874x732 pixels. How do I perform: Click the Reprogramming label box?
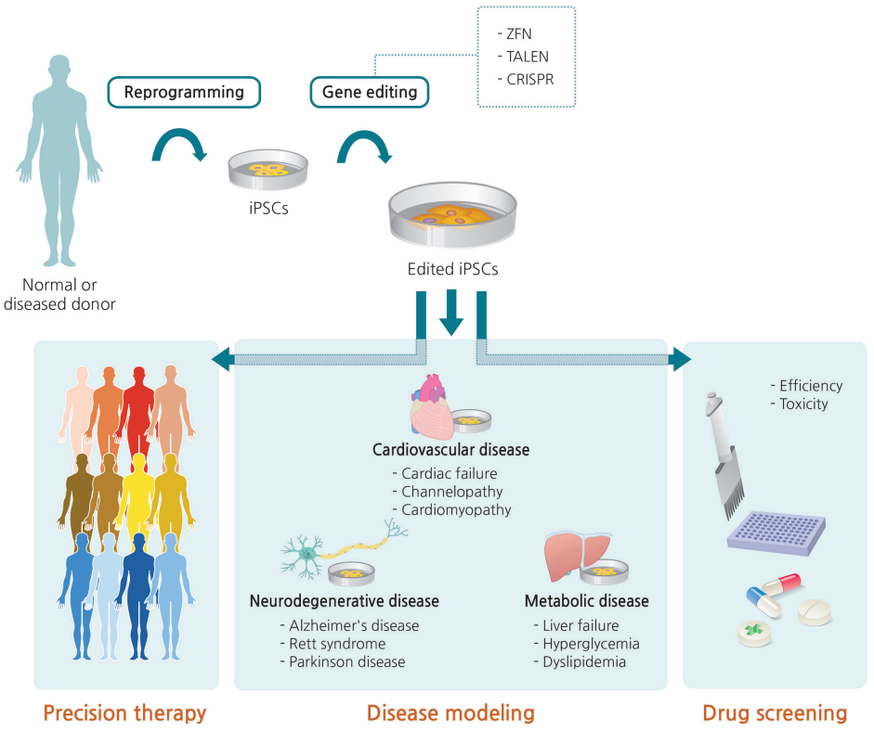coord(184,92)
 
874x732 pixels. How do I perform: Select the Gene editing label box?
coord(369,92)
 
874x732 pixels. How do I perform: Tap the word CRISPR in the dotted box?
coord(530,80)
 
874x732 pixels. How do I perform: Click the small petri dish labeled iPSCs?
coord(268,171)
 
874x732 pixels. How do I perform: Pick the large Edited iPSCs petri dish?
coord(452,217)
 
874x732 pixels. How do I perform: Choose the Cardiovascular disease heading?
coord(450,450)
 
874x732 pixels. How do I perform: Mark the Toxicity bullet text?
coord(803,405)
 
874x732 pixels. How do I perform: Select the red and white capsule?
coord(778,588)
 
